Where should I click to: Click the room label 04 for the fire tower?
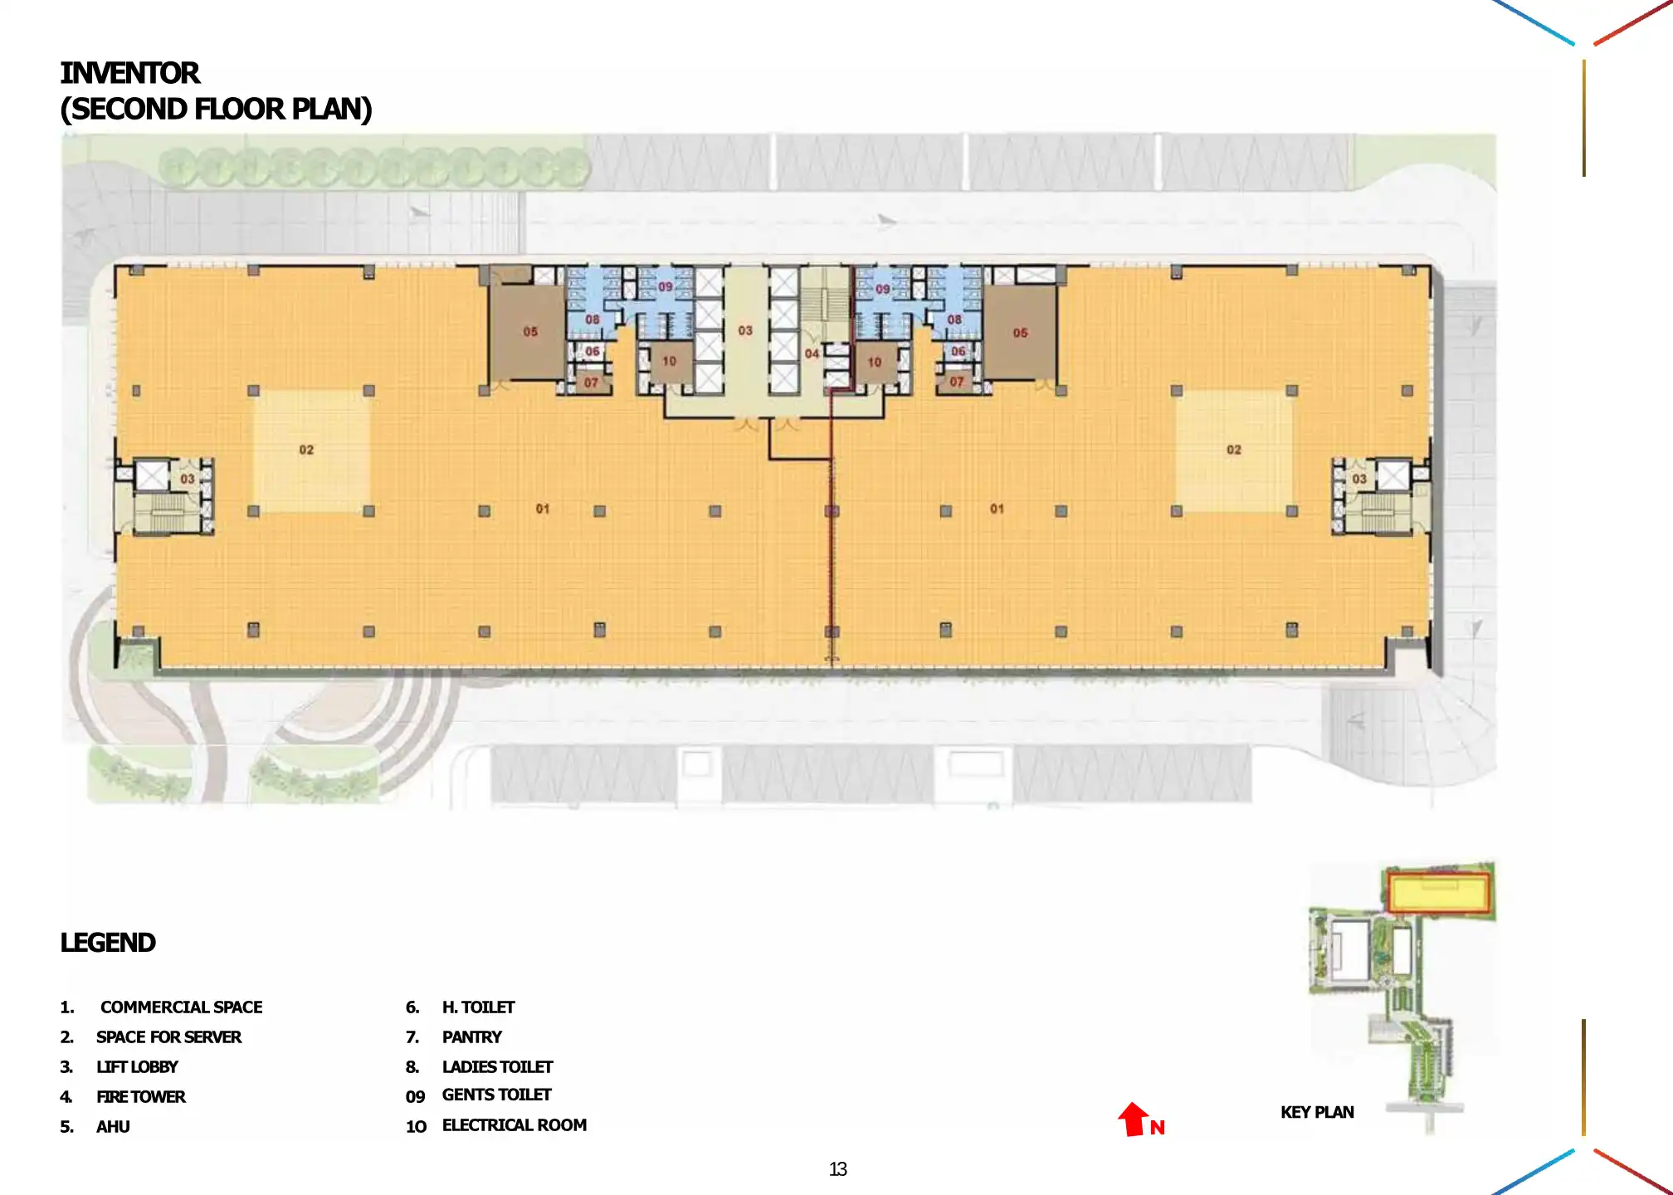(812, 354)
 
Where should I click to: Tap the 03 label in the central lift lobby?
(745, 330)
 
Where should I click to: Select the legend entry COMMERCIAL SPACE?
(181, 1007)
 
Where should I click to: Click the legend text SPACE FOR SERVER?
(168, 1037)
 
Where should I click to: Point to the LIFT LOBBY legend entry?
(137, 1067)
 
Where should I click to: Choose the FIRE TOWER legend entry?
(141, 1097)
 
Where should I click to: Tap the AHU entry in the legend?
(113, 1127)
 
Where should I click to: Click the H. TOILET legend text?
(478, 1007)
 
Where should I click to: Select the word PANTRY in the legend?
(471, 1037)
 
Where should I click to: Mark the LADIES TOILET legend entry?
(497, 1067)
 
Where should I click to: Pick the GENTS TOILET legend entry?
(496, 1095)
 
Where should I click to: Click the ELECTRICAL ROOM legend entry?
(514, 1125)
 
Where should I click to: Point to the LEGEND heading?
(108, 943)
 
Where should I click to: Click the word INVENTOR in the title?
(130, 73)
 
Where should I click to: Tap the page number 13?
(837, 1169)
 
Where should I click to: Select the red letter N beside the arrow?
(1158, 1128)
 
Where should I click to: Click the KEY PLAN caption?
(1317, 1113)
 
